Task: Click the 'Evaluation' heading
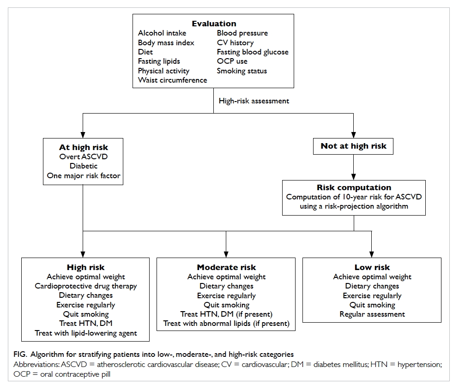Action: click(x=214, y=24)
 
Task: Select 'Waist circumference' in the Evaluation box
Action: click(x=172, y=80)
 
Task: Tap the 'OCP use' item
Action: click(x=232, y=61)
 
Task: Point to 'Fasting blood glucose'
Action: click(x=253, y=52)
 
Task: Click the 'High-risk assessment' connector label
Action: click(x=254, y=101)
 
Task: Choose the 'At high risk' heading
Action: click(x=84, y=147)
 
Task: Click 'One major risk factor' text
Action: click(x=84, y=175)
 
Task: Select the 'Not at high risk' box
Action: click(x=353, y=146)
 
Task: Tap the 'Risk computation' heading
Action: click(x=354, y=187)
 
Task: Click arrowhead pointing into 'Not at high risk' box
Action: click(x=353, y=135)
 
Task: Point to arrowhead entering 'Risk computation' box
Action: click(x=353, y=177)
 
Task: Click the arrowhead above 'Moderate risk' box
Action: click(x=226, y=254)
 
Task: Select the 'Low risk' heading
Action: click(x=372, y=267)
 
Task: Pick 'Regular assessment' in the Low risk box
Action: click(x=372, y=314)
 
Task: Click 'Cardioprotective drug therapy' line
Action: click(x=86, y=286)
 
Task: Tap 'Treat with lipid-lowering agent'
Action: click(x=86, y=333)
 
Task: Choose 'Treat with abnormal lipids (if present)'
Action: click(x=226, y=324)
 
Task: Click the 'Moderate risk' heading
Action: click(x=226, y=267)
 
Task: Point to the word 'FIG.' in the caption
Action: click(x=20, y=355)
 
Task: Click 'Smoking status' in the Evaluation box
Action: click(x=242, y=71)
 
